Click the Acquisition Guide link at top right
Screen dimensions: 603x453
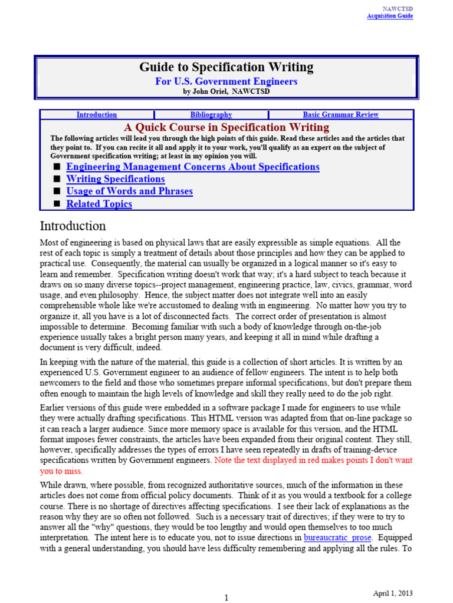point(390,16)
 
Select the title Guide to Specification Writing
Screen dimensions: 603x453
point(226,67)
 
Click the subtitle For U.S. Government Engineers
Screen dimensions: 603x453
point(226,81)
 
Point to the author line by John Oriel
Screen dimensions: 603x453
point(226,92)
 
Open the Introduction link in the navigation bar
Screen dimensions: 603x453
point(97,115)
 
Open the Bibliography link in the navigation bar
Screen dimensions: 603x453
point(211,115)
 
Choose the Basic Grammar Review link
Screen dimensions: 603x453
point(340,115)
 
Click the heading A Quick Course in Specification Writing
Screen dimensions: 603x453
point(226,127)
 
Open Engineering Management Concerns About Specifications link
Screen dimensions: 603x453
point(193,167)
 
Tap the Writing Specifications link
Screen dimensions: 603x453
point(116,179)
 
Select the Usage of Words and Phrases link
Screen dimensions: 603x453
point(129,191)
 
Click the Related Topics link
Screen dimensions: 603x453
point(99,204)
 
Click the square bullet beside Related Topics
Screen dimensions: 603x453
point(57,204)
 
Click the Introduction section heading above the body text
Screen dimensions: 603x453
point(73,226)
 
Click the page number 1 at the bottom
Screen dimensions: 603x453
point(226,598)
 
